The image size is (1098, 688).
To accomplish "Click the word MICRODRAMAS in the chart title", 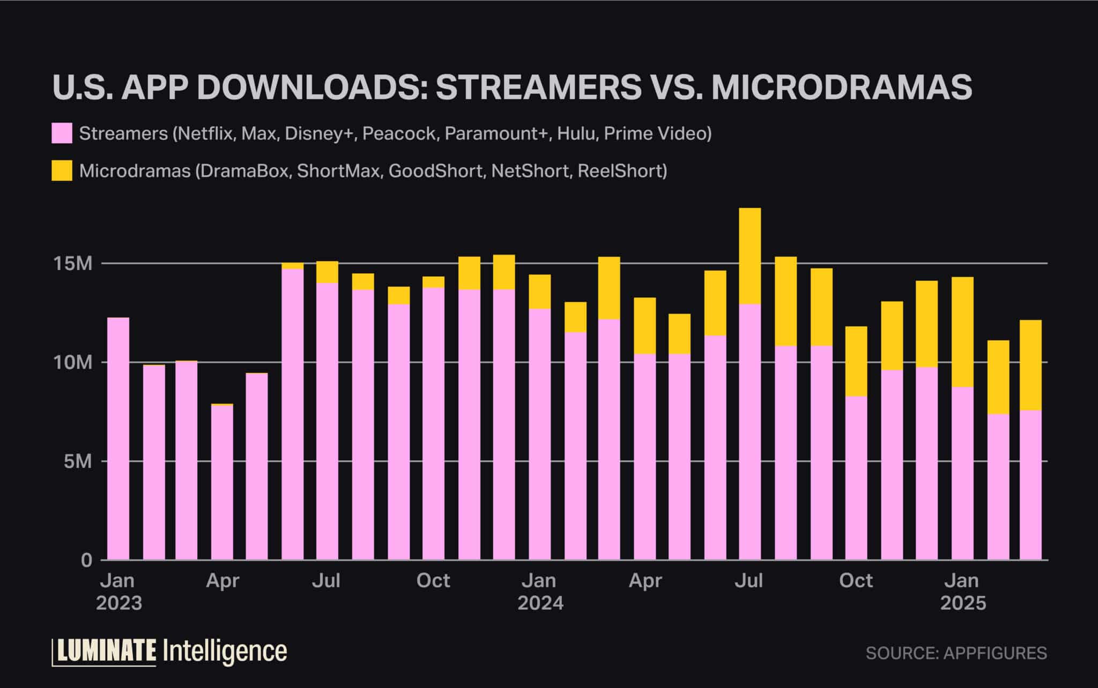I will tap(841, 87).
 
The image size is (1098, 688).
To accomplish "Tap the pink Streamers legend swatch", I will tap(62, 133).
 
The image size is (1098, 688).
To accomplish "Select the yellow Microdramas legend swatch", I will tap(62, 171).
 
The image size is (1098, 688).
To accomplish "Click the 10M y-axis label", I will tap(74, 363).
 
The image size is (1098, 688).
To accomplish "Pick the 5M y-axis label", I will tap(78, 461).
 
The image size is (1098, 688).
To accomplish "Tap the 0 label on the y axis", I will tap(87, 560).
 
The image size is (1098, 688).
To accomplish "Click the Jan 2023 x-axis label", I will tap(118, 592).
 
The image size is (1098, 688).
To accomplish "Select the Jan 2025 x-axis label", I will tap(963, 592).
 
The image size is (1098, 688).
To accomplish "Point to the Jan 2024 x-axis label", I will tap(540, 592).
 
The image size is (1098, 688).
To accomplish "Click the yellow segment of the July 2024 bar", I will tap(750, 256).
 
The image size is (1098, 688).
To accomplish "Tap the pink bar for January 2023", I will tap(118, 439).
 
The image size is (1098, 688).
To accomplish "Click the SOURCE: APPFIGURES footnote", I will tap(956, 653).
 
